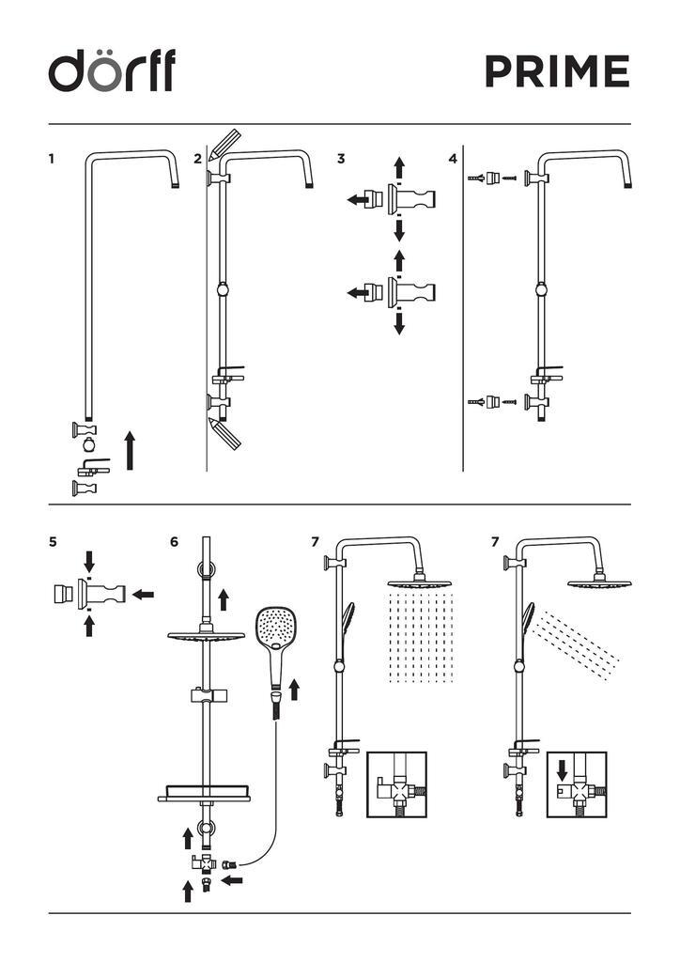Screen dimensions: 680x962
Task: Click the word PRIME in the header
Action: [557, 71]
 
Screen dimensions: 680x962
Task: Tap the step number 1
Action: [52, 159]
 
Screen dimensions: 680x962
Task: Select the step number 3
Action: [341, 159]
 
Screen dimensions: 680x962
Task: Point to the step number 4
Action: [453, 159]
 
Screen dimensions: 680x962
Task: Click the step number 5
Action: [53, 542]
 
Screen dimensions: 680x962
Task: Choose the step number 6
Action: [174, 542]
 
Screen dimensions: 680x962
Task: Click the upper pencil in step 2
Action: [224, 144]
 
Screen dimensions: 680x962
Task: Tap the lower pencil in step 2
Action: [224, 433]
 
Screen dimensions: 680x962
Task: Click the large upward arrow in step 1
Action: [130, 450]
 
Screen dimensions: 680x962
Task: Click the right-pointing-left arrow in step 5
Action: [144, 594]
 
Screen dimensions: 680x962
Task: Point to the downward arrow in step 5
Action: [89, 562]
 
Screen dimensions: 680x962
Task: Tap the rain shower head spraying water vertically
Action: [420, 582]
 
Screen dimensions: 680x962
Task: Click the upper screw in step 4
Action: [509, 178]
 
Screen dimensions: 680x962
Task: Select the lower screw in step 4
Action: [509, 402]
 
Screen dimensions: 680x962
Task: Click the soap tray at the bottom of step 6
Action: [204, 792]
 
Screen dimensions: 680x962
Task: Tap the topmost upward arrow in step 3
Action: [399, 167]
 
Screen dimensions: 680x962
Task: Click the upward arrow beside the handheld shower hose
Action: [294, 690]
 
